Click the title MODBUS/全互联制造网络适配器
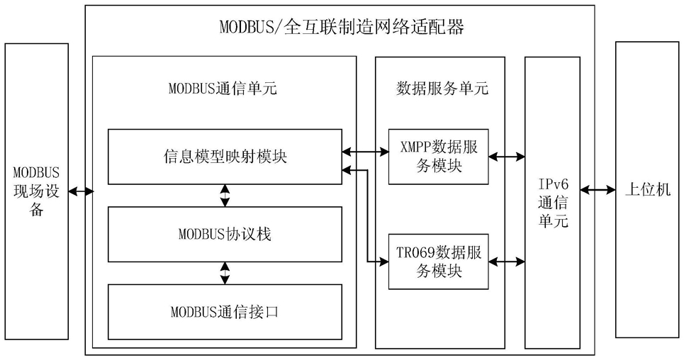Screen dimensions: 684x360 tap(341, 27)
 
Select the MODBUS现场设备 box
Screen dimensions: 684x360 tap(37, 191)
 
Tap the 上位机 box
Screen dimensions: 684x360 tap(647, 190)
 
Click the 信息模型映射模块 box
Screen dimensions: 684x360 tap(225, 157)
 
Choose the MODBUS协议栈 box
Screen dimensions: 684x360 tap(225, 235)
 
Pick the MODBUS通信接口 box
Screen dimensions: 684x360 tap(225, 312)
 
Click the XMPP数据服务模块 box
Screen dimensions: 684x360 tap(439, 157)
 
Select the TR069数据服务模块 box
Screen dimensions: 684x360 tap(439, 261)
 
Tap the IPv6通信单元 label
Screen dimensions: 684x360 tap(553, 203)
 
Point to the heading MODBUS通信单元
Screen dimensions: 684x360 tap(223, 89)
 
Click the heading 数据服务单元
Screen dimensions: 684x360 tap(442, 89)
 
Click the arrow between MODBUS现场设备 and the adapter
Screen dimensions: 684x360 tap(81, 191)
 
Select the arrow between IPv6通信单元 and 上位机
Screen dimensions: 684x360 tap(598, 190)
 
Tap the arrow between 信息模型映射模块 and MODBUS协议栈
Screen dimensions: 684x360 tap(225, 196)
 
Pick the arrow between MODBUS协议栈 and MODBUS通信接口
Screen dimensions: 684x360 tap(225, 273)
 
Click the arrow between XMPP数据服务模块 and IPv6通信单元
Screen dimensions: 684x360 tap(507, 156)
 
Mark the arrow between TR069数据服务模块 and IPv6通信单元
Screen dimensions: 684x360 tap(507, 261)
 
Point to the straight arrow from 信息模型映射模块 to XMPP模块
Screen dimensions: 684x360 tap(365, 152)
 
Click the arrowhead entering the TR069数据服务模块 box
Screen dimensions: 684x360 tap(384, 261)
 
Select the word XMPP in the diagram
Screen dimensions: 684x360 tap(416, 147)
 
